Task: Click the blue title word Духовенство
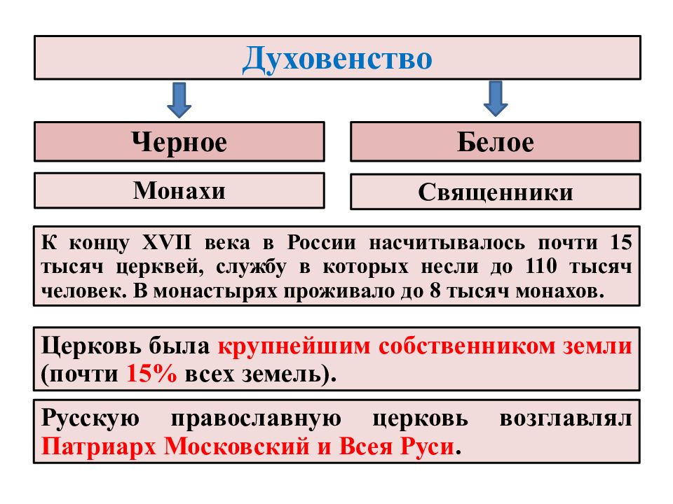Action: (337, 59)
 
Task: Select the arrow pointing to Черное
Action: (179, 100)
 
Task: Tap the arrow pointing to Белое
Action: (496, 99)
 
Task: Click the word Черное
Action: (179, 143)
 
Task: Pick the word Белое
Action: (496, 142)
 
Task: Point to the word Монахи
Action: (179, 190)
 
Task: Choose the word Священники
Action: (496, 192)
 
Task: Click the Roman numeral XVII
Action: (167, 242)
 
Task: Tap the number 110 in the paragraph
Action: (542, 266)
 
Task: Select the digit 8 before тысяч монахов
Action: (435, 290)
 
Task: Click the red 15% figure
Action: (151, 373)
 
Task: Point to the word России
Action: (322, 242)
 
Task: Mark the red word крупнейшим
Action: (294, 346)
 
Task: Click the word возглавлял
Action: (566, 419)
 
